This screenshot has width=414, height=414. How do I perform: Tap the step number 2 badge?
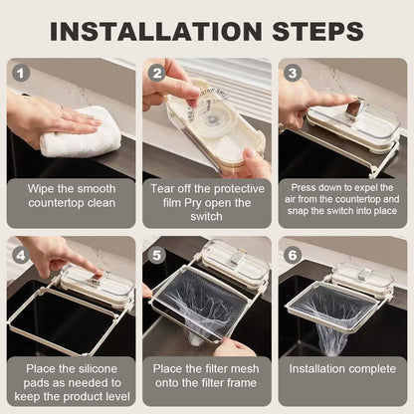click(x=157, y=73)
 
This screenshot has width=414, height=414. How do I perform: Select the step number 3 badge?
click(x=292, y=73)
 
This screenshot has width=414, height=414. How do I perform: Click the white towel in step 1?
click(x=80, y=134)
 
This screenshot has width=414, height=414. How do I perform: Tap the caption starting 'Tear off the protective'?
click(x=206, y=201)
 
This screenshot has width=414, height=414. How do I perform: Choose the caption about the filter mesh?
click(x=206, y=379)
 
